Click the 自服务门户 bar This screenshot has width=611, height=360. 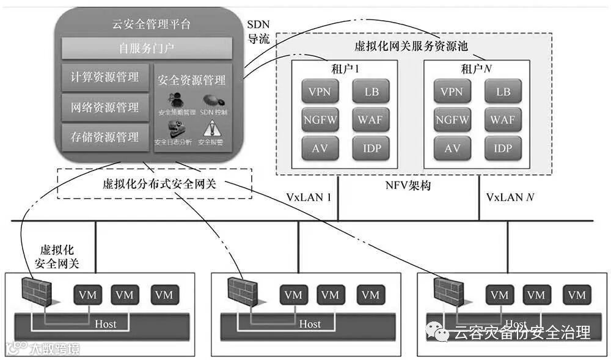147,48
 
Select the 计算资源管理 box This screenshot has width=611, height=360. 104,77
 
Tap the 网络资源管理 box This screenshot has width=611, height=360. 104,108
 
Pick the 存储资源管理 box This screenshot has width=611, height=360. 104,137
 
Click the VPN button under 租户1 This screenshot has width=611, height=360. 320,92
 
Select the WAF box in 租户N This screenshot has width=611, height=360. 503,120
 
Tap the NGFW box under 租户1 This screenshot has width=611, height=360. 320,120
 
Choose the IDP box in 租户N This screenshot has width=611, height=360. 503,148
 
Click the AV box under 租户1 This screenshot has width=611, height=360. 320,148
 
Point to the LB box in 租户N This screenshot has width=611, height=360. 503,92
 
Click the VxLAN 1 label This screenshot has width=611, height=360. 309,197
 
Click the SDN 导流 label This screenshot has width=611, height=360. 258,31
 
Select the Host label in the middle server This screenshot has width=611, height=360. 310,323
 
